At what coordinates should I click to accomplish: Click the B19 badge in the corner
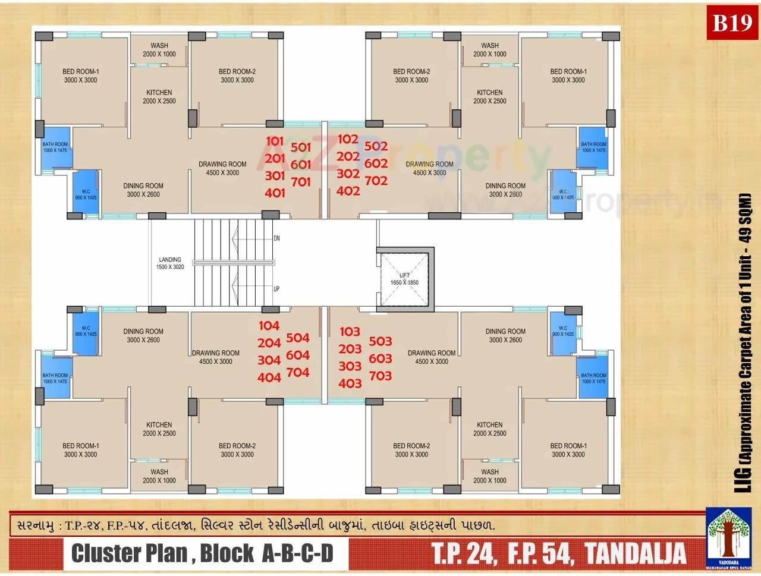click(x=732, y=24)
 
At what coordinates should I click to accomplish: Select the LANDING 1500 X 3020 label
click(x=170, y=263)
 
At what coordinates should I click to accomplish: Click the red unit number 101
click(x=275, y=141)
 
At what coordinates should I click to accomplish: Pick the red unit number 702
click(x=376, y=180)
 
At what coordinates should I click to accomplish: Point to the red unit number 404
click(x=269, y=377)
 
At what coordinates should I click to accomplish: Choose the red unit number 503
click(x=380, y=341)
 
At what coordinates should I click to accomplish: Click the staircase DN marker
click(x=276, y=238)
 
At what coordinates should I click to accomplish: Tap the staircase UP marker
click(x=276, y=289)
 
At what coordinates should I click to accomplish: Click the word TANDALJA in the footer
click(x=635, y=553)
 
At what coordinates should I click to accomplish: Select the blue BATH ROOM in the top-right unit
click(x=593, y=147)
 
